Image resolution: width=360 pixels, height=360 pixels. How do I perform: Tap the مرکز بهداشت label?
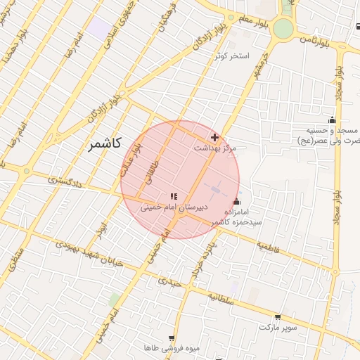[x=216, y=148]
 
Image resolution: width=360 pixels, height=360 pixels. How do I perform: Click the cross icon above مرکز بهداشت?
[x=214, y=136]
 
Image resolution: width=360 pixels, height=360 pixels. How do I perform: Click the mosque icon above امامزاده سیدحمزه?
[x=236, y=202]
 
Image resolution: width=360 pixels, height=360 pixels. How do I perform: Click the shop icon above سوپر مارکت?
[x=278, y=317]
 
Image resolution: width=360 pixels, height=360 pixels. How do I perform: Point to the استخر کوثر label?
[x=235, y=56]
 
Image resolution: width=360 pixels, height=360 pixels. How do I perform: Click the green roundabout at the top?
[x=283, y=28]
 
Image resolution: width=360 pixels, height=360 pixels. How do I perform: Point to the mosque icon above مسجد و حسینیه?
[x=332, y=120]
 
